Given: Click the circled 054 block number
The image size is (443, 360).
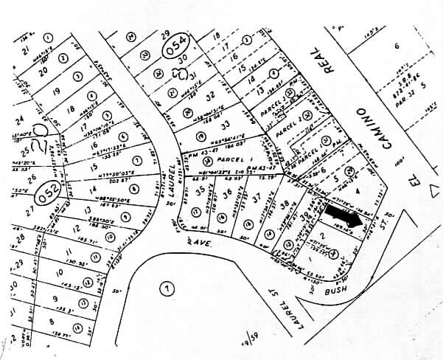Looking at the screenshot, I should click(x=175, y=45).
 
